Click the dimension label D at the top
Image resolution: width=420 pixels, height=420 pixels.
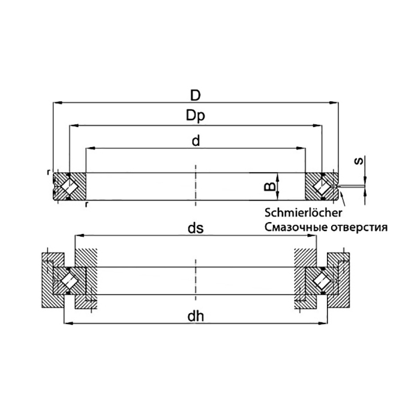195,95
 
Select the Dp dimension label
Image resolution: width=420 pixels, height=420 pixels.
196,116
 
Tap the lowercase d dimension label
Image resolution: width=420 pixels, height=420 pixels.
196,140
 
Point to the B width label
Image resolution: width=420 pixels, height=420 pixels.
270,187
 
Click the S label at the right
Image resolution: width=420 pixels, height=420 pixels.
358,161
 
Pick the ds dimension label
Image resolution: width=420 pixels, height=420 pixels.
196,229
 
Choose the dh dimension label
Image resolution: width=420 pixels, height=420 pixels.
196,317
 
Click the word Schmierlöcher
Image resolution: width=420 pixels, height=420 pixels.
304,213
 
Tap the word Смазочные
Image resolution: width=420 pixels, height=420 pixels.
296,227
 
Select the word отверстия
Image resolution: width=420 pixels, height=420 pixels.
359,227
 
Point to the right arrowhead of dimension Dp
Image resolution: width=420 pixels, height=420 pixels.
317,125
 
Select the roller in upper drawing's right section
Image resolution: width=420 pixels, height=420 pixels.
322,186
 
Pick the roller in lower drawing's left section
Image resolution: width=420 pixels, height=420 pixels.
69,281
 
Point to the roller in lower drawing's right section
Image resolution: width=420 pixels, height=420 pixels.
322,281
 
